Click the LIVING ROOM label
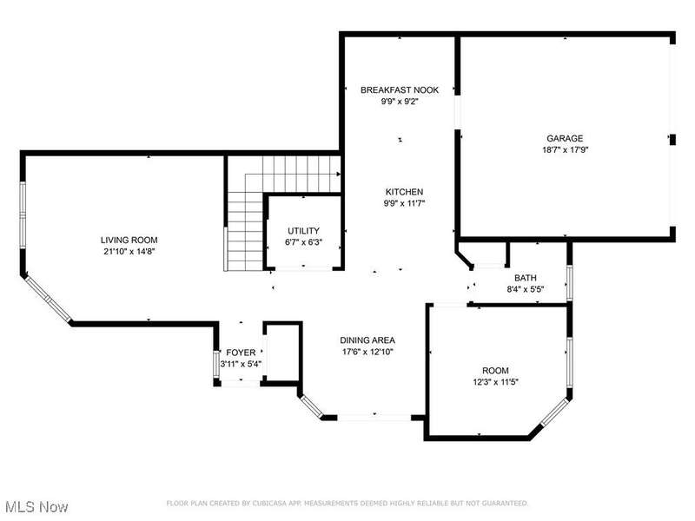coord(129,241)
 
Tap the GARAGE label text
coord(565,138)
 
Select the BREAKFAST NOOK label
coord(400,90)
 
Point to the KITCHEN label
coord(404,192)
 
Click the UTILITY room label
coord(303,231)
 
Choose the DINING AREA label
coord(367,340)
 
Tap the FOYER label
coord(242,353)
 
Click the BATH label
coord(526,278)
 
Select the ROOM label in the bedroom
coord(495,371)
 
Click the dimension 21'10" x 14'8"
coord(129,252)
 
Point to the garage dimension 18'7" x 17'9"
coord(566,149)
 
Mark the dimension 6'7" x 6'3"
coord(303,242)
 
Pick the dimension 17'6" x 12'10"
coord(367,352)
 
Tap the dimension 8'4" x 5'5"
coord(526,290)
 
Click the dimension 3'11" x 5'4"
coord(242,364)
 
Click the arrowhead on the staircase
coord(339,175)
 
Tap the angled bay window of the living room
coord(49,299)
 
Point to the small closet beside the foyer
coord(283,353)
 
